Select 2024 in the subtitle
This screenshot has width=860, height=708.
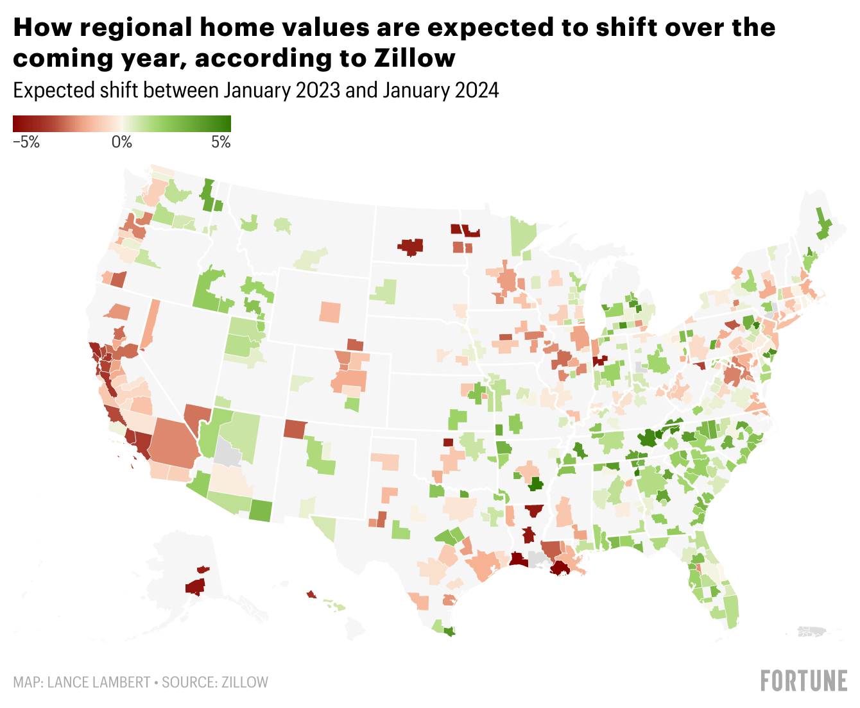pos(476,90)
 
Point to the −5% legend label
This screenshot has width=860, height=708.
pos(26,142)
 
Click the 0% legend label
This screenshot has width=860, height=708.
pos(121,142)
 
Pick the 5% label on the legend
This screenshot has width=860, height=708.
pos(221,142)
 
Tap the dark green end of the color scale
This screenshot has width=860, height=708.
pos(225,123)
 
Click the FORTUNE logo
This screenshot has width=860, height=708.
pos(804,681)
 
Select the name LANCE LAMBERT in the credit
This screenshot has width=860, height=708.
pos(99,682)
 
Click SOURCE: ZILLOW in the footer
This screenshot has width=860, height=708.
pos(215,682)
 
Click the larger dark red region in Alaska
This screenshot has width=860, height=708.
pos(195,586)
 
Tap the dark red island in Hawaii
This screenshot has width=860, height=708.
pos(311,594)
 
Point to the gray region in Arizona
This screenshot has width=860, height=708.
pos(227,453)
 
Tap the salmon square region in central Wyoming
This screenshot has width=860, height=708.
pos(331,312)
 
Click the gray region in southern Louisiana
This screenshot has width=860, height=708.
pos(536,560)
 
